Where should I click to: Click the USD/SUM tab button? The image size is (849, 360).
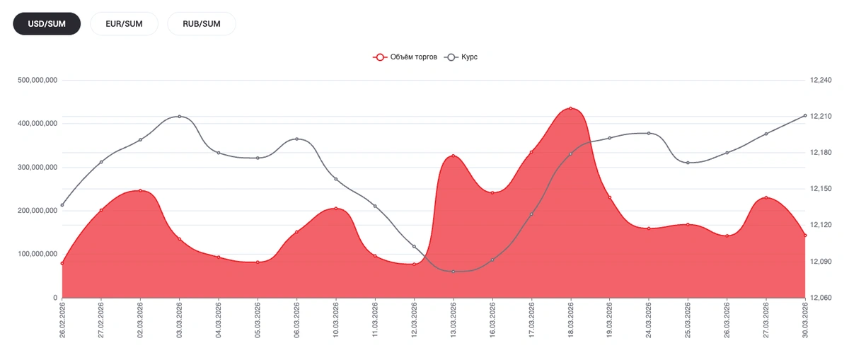[47, 23]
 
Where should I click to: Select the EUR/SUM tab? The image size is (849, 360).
[124, 23]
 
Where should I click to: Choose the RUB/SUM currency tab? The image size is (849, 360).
[202, 23]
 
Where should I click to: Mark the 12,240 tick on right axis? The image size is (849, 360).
[821, 81]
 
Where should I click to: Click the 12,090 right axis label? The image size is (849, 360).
[821, 262]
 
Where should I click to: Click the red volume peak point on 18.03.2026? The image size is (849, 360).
[571, 108]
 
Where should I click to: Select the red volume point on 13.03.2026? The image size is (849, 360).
[454, 156]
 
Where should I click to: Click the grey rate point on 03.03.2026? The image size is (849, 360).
[180, 116]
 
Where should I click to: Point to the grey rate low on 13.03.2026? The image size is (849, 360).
[454, 272]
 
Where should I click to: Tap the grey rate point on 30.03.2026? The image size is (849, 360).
[805, 115]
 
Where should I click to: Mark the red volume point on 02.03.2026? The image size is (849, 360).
[140, 190]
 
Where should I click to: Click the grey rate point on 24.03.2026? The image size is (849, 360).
[649, 133]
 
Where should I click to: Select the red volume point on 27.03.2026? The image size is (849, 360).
[766, 198]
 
